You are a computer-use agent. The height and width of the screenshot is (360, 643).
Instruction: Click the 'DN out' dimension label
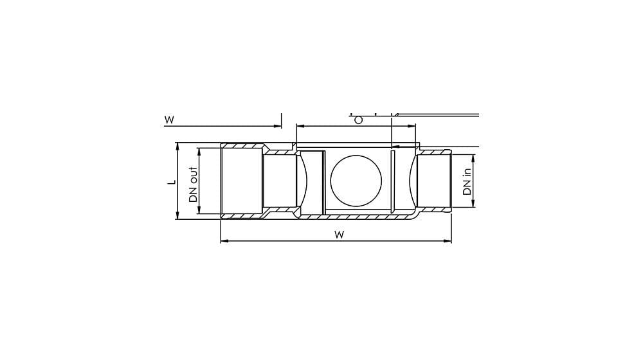coord(194,184)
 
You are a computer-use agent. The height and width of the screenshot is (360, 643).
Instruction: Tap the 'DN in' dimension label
coord(467,182)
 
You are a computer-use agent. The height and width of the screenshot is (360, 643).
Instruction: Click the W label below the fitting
coord(339,235)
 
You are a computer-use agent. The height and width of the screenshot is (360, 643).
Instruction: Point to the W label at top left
coord(169,120)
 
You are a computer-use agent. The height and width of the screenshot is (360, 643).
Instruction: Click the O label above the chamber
coord(358,120)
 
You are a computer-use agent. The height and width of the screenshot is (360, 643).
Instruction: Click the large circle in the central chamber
coord(356,181)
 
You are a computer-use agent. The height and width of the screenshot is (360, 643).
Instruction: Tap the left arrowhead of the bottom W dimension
coord(224,241)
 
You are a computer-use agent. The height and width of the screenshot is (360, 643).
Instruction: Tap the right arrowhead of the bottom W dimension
coord(448,241)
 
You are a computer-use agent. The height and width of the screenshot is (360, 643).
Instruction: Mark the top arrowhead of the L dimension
coord(177,146)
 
